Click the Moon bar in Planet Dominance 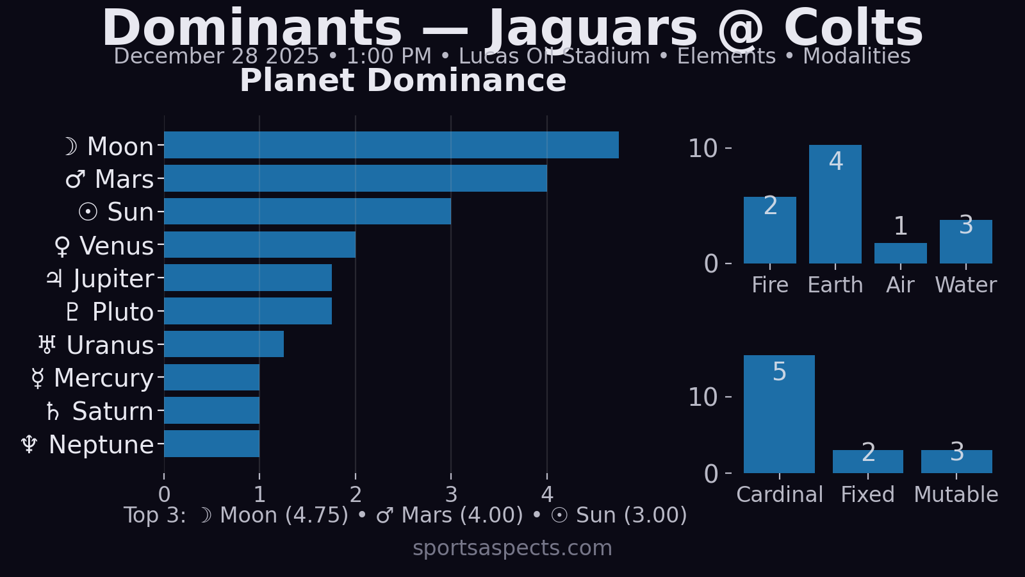[391, 145]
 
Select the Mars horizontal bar [356, 178]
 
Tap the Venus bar [259, 245]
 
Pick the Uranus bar [224, 344]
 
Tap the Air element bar [900, 253]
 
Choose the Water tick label [965, 285]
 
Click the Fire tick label [769, 285]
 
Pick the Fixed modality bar [867, 462]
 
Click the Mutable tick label [956, 495]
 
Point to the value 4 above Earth [835, 162]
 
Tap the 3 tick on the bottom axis [451, 495]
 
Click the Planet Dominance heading [403, 81]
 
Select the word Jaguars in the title [593, 29]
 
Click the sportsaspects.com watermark [512, 548]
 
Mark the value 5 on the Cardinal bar [779, 372]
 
